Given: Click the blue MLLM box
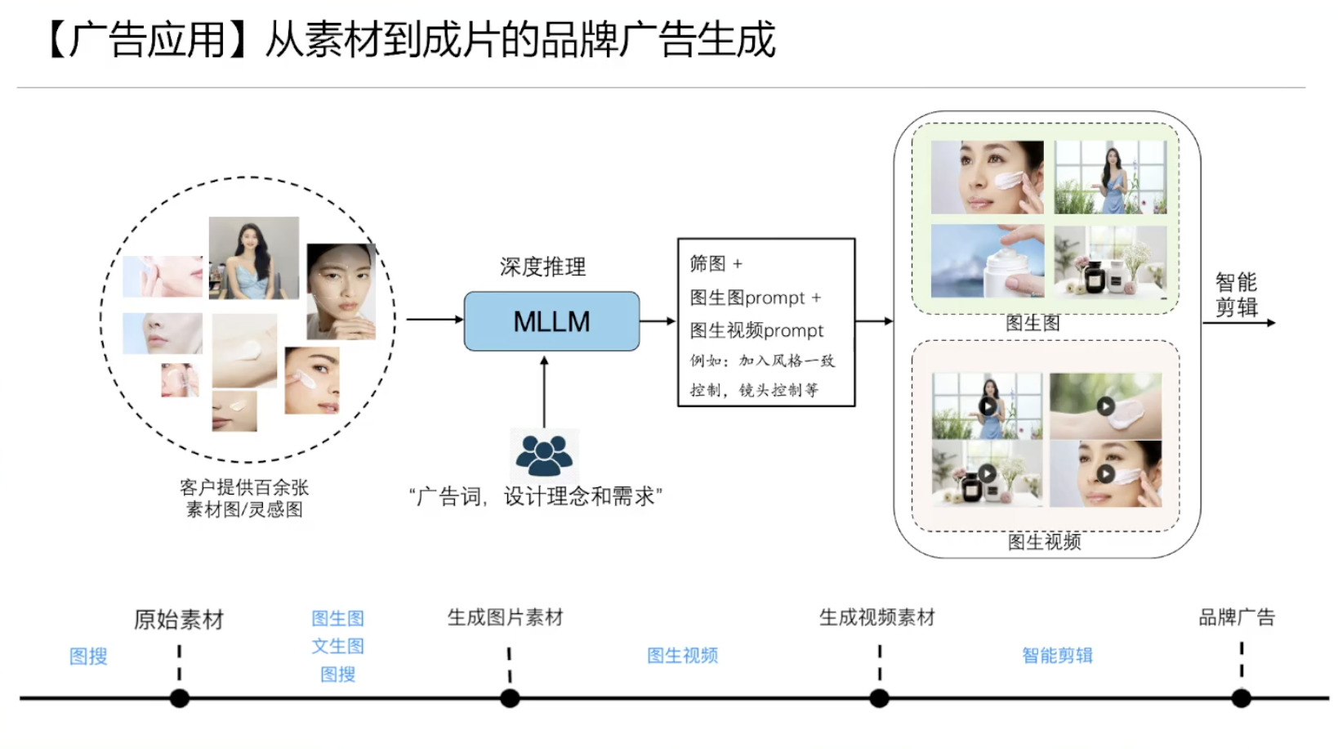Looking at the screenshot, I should pos(551,321).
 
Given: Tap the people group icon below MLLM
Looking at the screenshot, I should pos(544,455).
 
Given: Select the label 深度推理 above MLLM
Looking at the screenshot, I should pos(542,267).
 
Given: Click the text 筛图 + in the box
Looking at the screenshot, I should pos(716,263).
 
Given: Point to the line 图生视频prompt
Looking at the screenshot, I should pos(756,330).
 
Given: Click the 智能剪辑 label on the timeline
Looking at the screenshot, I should pos(1057,655).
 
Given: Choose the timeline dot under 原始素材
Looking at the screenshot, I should pos(180,698).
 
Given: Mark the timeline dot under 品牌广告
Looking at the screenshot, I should pos(1241,698).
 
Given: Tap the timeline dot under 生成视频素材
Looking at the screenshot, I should pos(879,698).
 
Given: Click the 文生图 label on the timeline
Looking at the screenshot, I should pos(337,646).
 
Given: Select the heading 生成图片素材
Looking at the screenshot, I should pos(505,617).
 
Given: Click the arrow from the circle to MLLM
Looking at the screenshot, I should pos(434,320).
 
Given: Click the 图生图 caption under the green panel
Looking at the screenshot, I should pos(1032,323).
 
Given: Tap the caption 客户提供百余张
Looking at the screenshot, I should pos(243,487).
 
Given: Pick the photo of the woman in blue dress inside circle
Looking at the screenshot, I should pos(253,258).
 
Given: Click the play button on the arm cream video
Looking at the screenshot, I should pos(1105,406).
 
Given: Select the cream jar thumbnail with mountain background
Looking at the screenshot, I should pos(988,261).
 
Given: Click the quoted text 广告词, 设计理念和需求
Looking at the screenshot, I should pos(536,496).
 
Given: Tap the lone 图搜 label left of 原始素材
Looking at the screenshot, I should pos(88,656).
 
